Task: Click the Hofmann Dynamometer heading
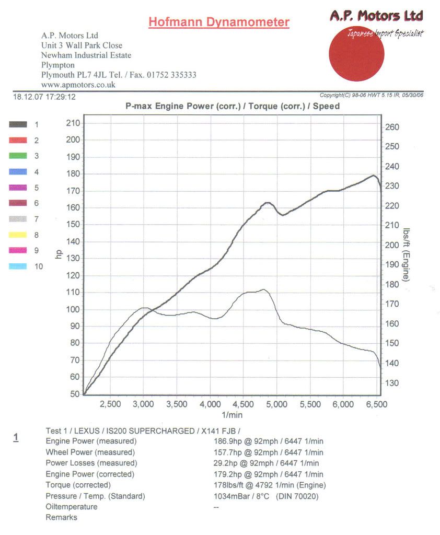(218, 22)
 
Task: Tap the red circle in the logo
(356, 54)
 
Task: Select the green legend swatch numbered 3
(18, 156)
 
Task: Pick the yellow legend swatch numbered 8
(18, 235)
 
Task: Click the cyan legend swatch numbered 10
(18, 266)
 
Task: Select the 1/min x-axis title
(232, 415)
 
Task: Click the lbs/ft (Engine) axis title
(407, 255)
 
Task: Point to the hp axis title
(59, 254)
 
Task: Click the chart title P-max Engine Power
(233, 106)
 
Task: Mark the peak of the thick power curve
(373, 176)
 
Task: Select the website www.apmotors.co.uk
(78, 84)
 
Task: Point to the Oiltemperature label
(72, 507)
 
